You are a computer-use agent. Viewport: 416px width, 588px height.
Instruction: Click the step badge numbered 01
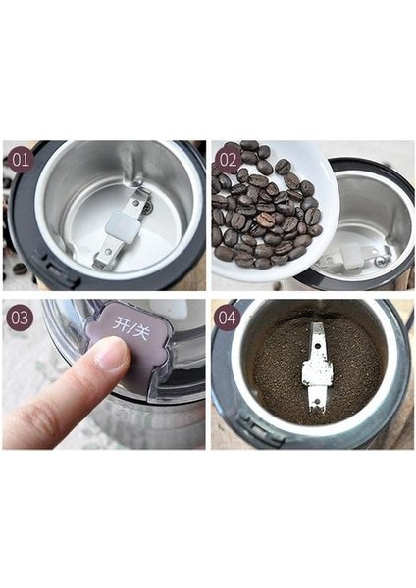[21, 159]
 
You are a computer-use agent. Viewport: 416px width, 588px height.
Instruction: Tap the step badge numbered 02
[228, 160]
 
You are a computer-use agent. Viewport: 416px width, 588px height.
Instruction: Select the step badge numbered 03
[20, 318]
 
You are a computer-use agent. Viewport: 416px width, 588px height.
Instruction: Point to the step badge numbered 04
[228, 318]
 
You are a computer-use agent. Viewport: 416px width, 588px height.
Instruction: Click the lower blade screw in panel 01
[109, 250]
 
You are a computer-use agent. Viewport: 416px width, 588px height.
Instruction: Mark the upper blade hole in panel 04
[318, 344]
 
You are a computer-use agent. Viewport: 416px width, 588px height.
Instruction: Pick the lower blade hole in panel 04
[318, 401]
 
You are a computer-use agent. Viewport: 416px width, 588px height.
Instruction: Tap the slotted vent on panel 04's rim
[258, 424]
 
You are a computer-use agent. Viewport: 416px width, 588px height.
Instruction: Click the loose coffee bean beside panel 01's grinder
[20, 269]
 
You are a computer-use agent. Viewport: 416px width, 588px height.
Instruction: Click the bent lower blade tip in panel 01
[98, 266]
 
